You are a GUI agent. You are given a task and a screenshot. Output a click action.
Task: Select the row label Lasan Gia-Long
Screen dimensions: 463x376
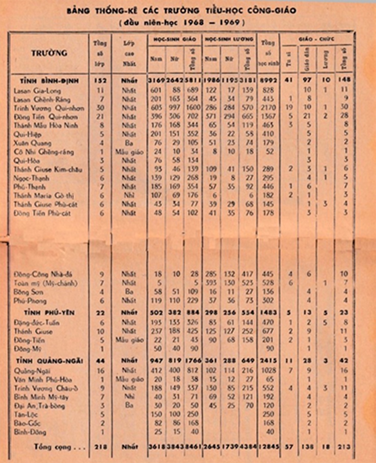coord(37,91)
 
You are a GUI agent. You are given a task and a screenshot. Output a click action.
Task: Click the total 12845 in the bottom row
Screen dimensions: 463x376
coord(268,447)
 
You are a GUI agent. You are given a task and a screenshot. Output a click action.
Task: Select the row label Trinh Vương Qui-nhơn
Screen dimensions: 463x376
coord(49,108)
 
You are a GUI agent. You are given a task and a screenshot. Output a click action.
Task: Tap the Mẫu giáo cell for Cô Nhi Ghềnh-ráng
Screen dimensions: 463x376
coord(129,152)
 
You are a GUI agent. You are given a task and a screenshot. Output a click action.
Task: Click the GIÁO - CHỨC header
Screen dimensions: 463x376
coord(317,39)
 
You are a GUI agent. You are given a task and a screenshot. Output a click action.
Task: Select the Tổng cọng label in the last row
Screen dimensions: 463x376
coord(59,447)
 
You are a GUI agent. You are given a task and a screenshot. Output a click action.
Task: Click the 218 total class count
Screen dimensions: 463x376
coord(100,447)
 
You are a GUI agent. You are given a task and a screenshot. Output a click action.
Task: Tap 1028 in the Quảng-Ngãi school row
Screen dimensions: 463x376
coord(268,370)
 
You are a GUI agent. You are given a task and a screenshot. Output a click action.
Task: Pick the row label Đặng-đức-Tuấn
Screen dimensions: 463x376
coord(36,323)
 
